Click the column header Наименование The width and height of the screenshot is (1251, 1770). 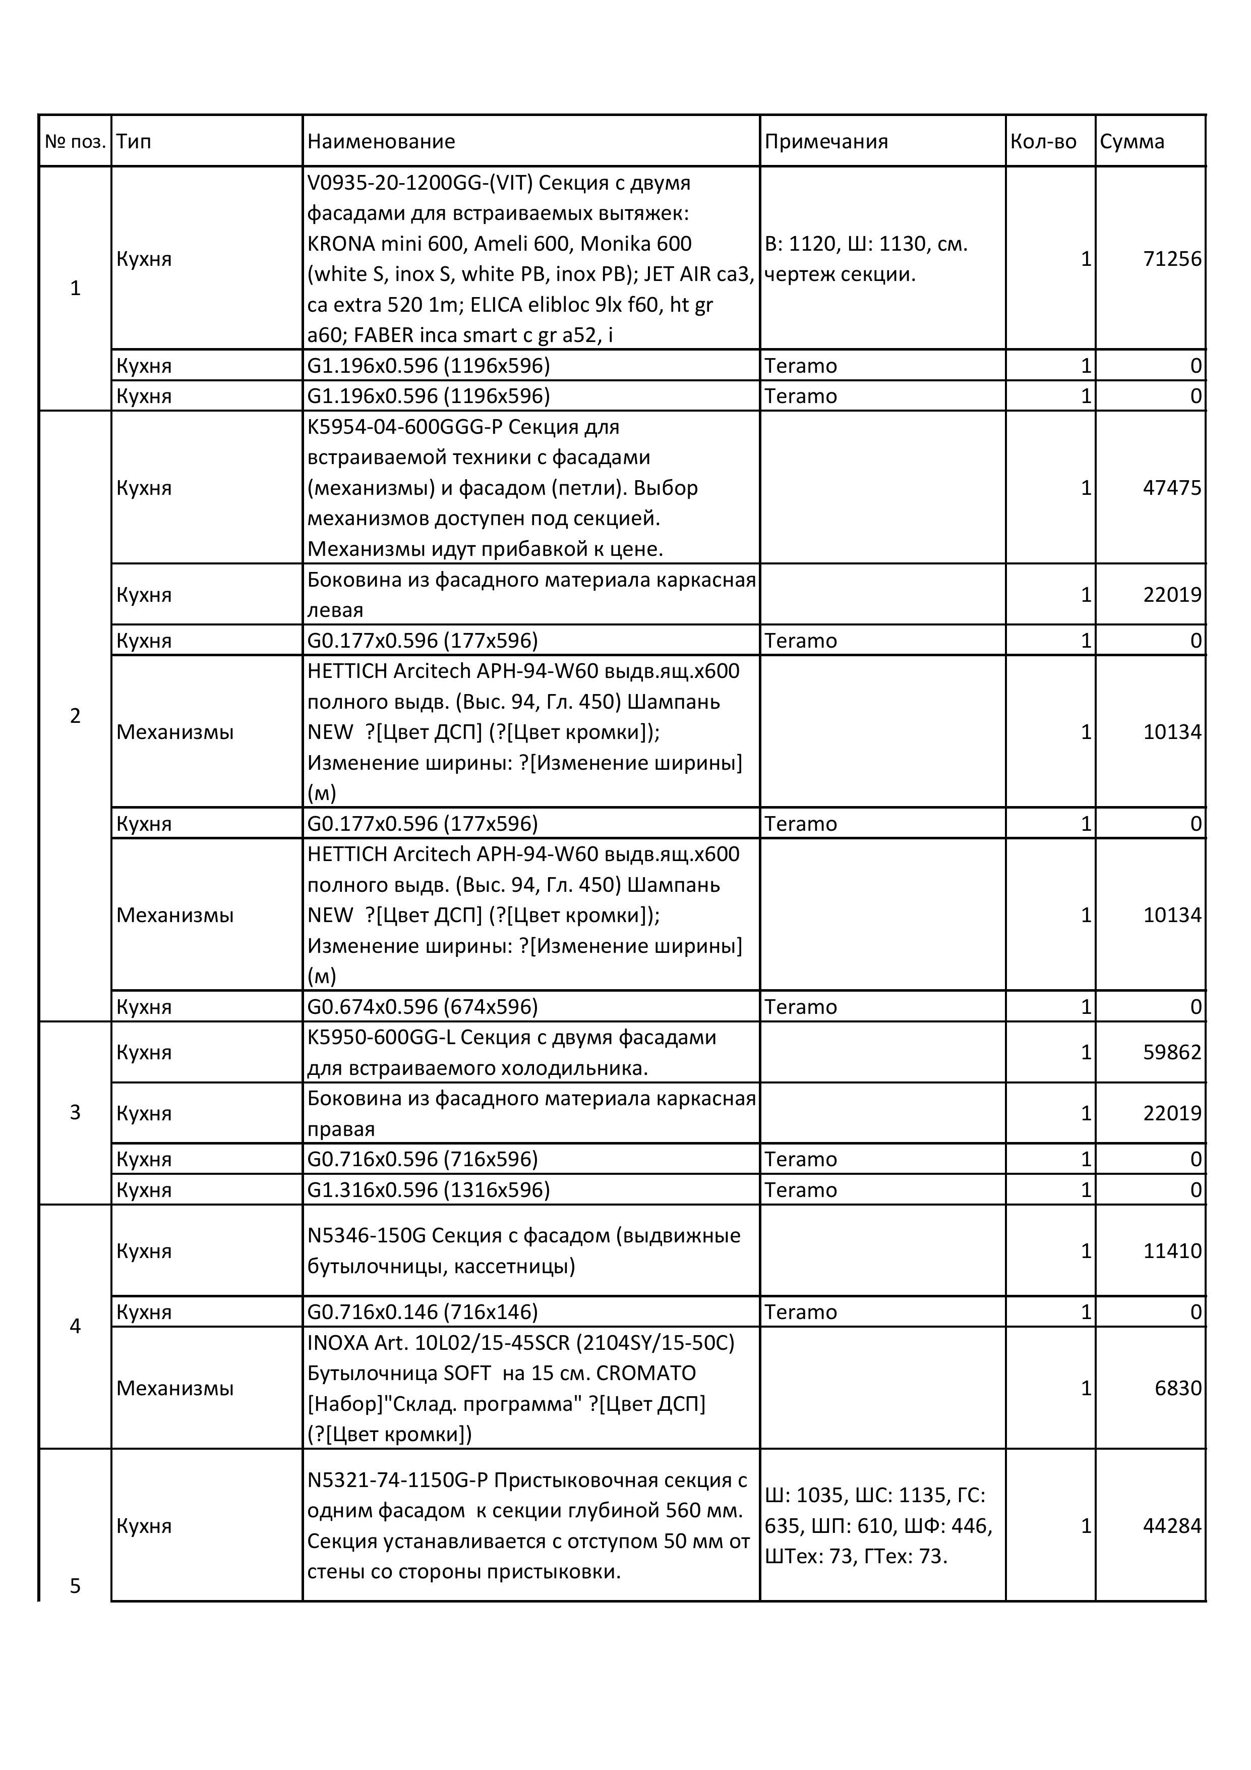click(x=381, y=142)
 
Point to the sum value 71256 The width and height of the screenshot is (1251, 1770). click(x=1172, y=259)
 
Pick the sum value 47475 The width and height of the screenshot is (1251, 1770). click(x=1172, y=488)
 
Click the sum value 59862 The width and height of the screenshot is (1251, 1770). click(x=1172, y=1052)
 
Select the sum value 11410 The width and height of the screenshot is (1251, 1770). click(x=1172, y=1250)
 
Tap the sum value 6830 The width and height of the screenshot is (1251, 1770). click(x=1178, y=1388)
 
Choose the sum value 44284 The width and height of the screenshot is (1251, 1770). click(x=1172, y=1526)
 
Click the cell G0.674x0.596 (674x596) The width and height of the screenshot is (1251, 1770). click(x=423, y=1007)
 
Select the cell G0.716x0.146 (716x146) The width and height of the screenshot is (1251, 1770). click(x=423, y=1312)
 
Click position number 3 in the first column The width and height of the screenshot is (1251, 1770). click(x=75, y=1112)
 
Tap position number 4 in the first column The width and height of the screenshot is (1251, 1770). click(x=75, y=1326)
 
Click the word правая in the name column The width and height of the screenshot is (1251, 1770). click(x=341, y=1129)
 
